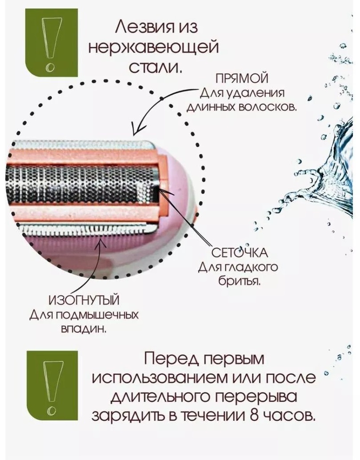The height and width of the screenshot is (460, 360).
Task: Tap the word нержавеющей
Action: pyautogui.click(x=153, y=48)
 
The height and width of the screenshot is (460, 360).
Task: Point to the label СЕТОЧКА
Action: pyautogui.click(x=240, y=252)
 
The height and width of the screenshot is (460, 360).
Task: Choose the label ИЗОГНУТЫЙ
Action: pyautogui.click(x=84, y=301)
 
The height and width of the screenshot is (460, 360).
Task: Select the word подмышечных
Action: pyautogui.click(x=97, y=316)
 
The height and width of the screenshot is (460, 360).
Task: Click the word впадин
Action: pyautogui.click(x=83, y=329)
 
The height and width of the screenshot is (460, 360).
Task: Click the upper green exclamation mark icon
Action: pyautogui.click(x=51, y=43)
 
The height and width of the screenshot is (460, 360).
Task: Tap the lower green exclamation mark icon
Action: pyautogui.click(x=52, y=385)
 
